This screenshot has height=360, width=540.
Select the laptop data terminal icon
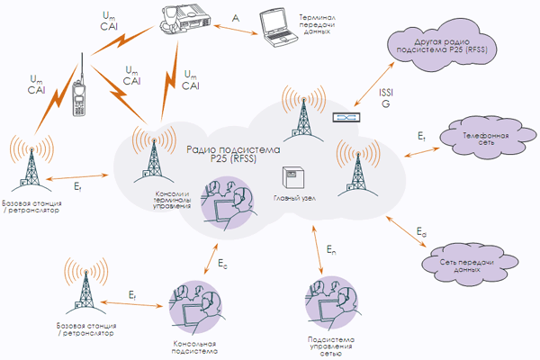[x=277, y=28]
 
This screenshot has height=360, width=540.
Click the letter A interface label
[x=236, y=18]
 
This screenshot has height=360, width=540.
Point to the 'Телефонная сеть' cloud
[x=486, y=139]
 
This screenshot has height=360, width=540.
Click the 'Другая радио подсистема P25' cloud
[x=442, y=46]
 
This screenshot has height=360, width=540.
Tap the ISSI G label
[x=386, y=98]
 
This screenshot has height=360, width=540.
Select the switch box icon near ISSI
[x=346, y=118]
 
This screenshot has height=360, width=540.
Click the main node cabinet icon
[x=293, y=177]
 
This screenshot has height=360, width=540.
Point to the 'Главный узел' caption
[x=294, y=198]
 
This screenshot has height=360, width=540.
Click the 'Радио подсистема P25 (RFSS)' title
[x=233, y=154]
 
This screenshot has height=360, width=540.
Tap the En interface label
[x=331, y=250]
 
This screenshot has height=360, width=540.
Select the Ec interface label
[x=222, y=264]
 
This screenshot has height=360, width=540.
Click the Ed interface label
[x=421, y=231]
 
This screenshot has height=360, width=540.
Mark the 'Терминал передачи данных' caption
[x=317, y=24]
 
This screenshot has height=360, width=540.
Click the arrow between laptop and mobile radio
[x=236, y=30]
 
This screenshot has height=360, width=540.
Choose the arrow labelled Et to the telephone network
[x=422, y=152]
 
